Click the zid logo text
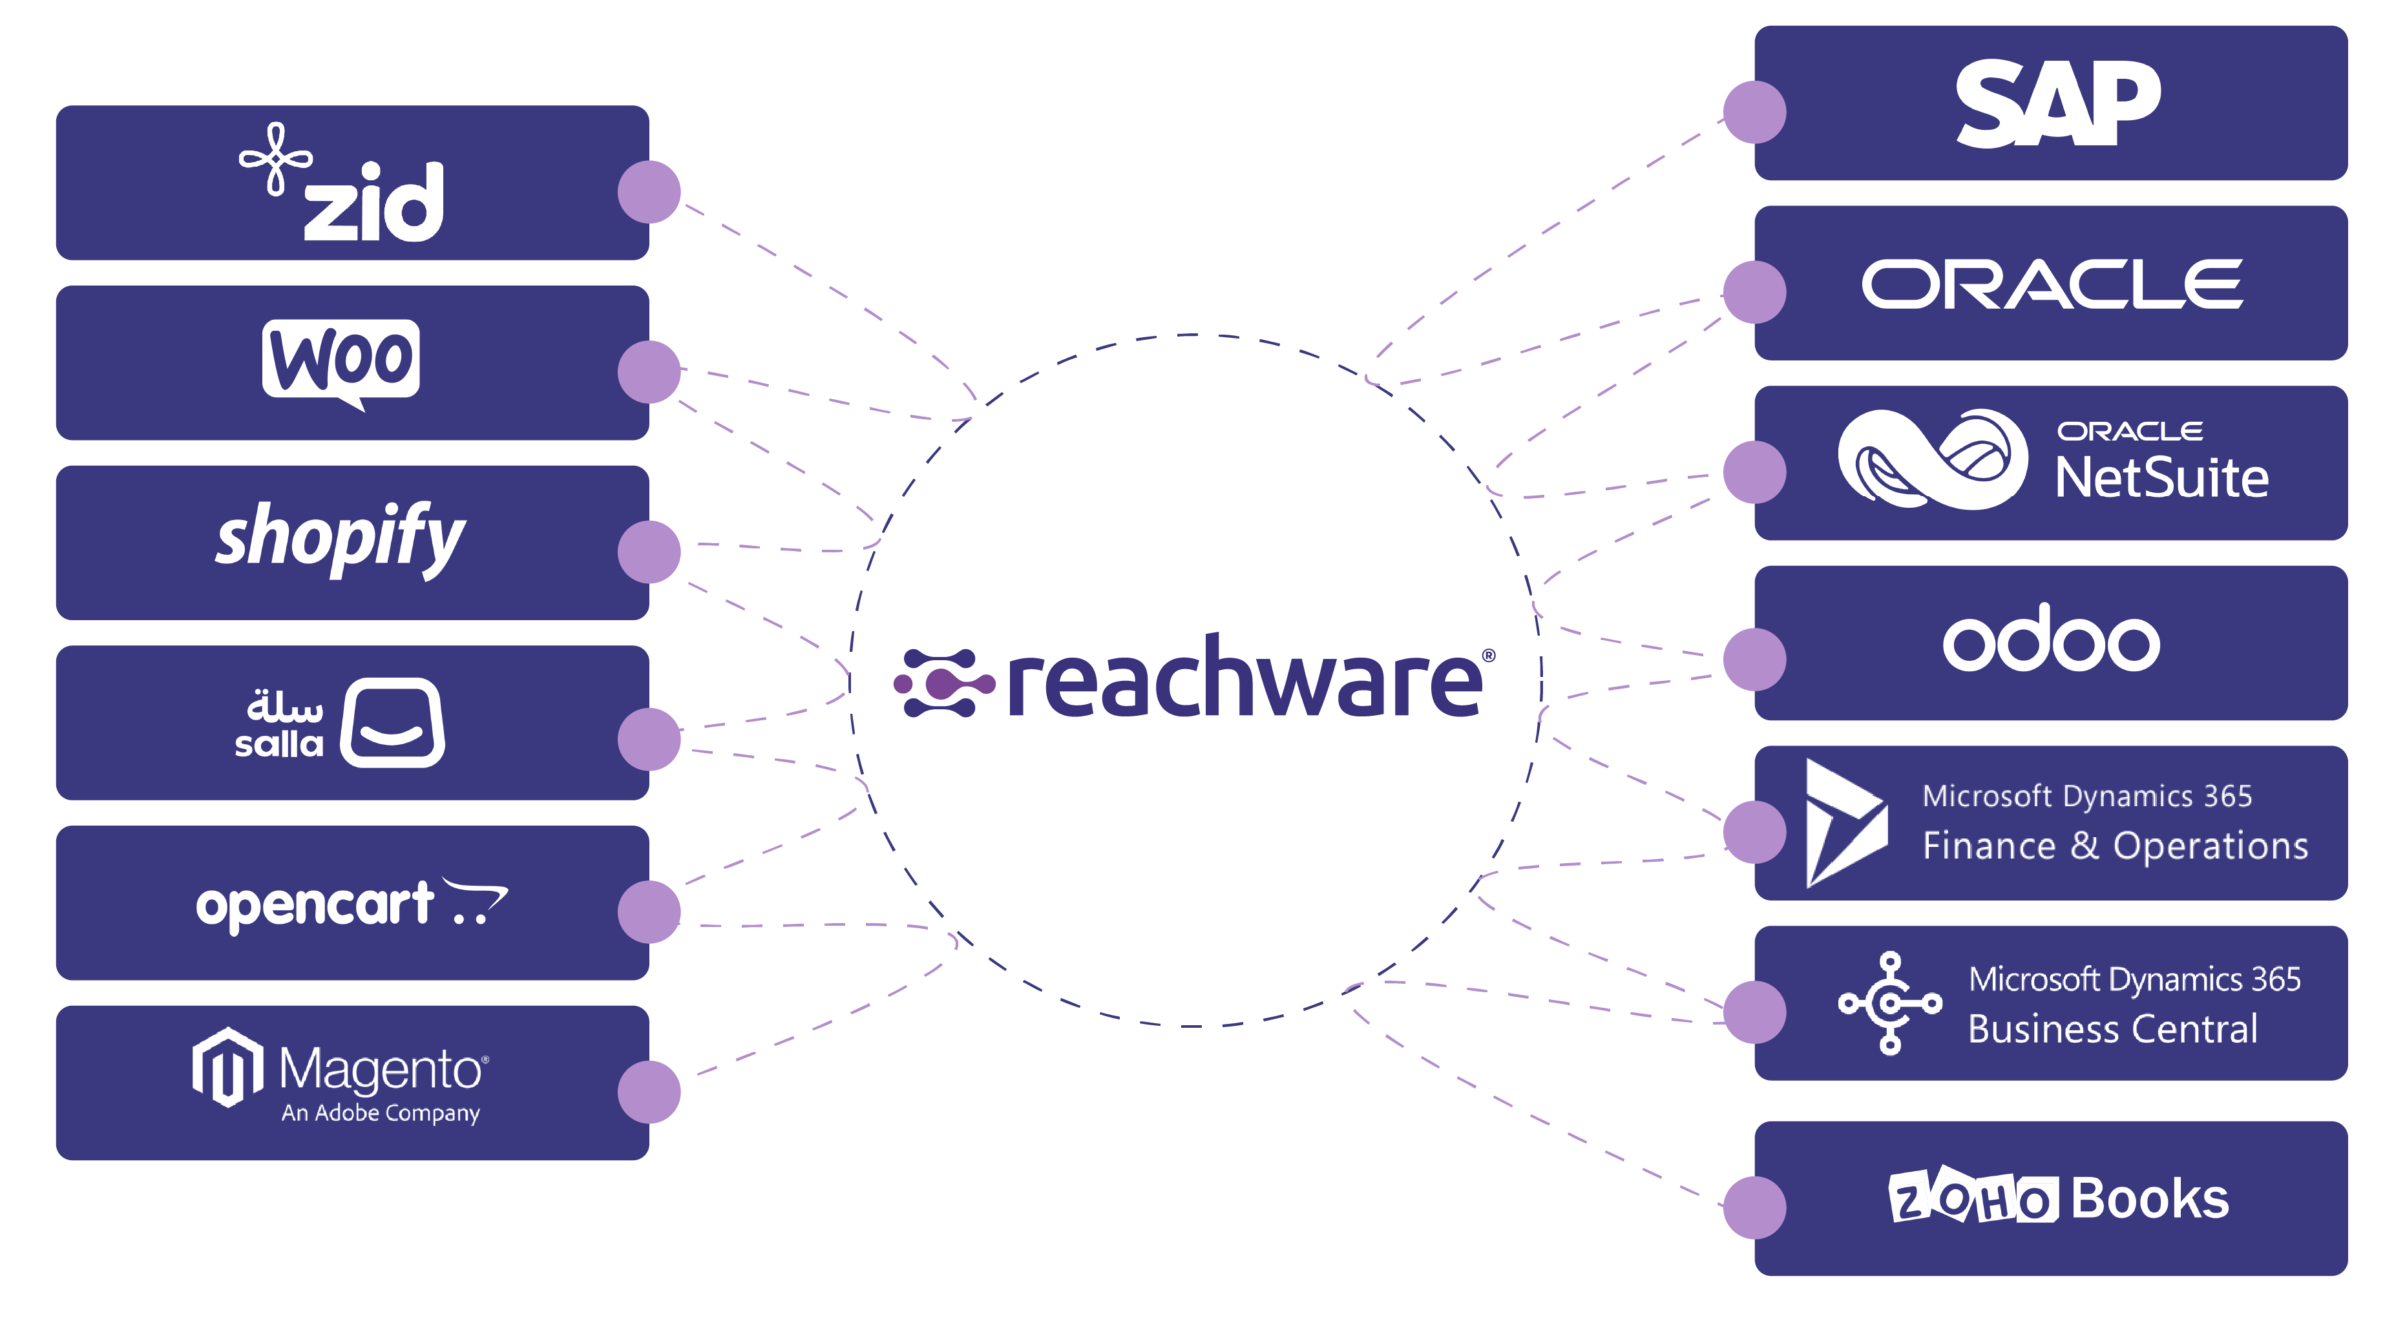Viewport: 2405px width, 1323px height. click(x=373, y=202)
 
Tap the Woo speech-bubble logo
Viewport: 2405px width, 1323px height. click(x=341, y=360)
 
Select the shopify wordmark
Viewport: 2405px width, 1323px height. click(x=340, y=537)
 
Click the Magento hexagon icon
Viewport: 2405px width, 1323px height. click(x=227, y=1067)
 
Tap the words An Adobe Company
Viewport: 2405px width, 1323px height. click(x=381, y=1113)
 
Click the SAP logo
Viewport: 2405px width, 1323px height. click(x=2057, y=103)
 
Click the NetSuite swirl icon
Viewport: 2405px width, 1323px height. click(x=1931, y=459)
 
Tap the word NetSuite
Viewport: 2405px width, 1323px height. click(x=2160, y=478)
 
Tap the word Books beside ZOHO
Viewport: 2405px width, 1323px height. click(x=2149, y=1199)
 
